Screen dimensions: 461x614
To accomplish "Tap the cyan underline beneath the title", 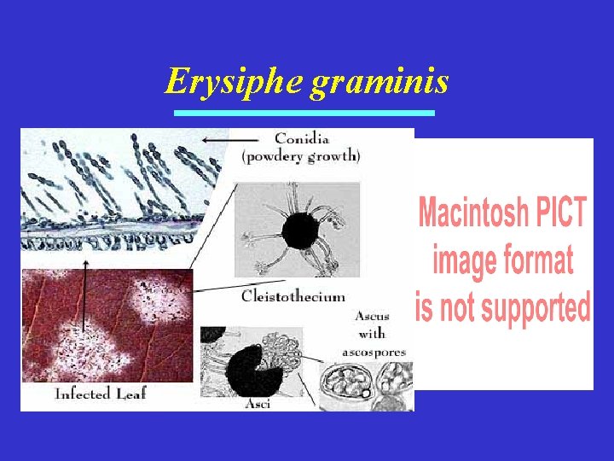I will [304, 113].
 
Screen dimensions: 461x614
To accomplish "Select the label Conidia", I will [303, 139].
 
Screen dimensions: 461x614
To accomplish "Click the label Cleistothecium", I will [293, 296].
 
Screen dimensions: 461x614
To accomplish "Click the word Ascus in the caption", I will [373, 317].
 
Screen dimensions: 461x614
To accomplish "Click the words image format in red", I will [503, 260].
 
